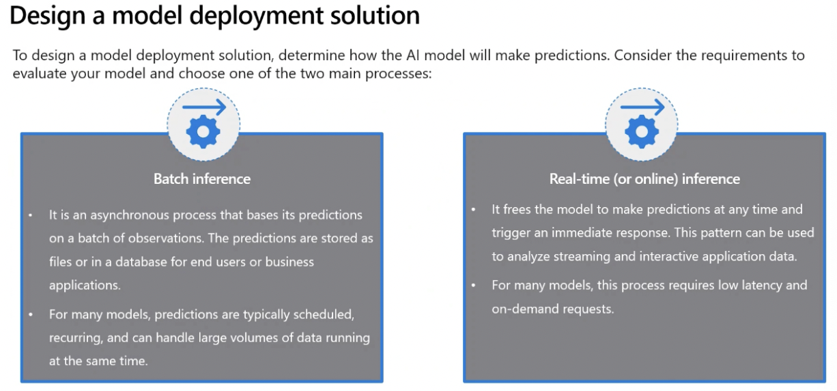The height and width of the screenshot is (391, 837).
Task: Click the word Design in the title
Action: click(48, 16)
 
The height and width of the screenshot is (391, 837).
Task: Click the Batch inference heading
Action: click(202, 179)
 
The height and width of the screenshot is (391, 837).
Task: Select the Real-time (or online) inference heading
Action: click(644, 179)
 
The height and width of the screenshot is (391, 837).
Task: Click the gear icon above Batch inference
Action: click(203, 132)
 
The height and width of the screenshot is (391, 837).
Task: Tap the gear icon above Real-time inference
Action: click(642, 132)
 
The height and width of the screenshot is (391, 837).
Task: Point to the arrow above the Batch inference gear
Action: click(204, 107)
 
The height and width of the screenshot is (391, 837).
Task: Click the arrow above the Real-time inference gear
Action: click(642, 107)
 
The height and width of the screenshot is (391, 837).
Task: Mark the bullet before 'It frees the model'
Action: click(473, 210)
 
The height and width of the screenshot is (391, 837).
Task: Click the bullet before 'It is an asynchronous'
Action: click(31, 215)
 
